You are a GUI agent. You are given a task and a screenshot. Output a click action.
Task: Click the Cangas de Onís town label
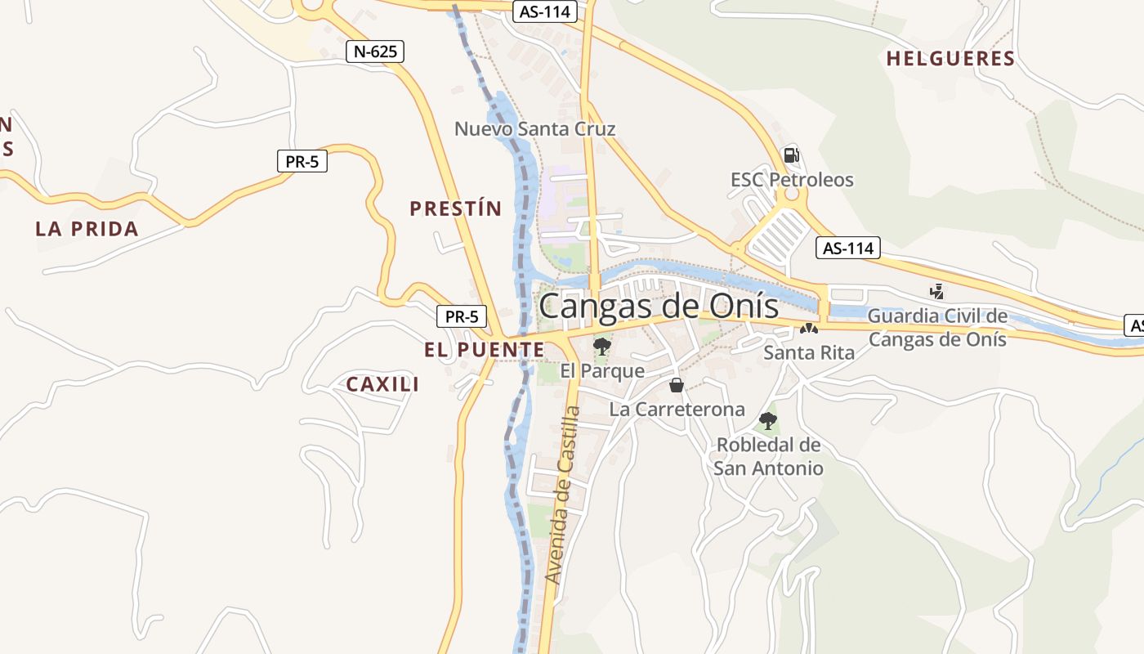coord(659,307)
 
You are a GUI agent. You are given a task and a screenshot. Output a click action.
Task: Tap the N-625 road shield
coord(375,52)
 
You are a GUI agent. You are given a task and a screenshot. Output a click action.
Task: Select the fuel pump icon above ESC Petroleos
coord(790,155)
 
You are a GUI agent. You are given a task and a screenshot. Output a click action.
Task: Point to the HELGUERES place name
coord(950,59)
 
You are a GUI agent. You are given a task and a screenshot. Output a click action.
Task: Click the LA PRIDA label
coord(87,229)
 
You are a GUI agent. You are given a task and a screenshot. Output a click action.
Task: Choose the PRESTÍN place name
coord(455,208)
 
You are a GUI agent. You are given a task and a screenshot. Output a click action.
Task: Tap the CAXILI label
coord(382,384)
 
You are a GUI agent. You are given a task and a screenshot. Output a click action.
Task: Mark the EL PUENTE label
coord(484,350)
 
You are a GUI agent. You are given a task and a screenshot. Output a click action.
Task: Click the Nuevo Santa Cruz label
coord(534,129)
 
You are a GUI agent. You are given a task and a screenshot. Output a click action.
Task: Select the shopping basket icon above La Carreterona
coord(677,385)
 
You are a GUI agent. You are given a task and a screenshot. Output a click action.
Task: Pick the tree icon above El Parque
coord(602,346)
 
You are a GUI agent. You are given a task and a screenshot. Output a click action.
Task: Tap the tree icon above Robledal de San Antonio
coord(767,421)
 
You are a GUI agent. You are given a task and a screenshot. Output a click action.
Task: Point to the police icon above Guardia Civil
coord(936,290)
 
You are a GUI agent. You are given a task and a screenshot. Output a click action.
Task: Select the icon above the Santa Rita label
coord(808,329)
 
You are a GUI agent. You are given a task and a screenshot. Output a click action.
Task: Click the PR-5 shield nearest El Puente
coord(462,316)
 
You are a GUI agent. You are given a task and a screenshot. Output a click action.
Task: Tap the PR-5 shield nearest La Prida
coord(302,162)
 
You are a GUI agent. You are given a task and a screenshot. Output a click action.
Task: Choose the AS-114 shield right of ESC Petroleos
coord(847,248)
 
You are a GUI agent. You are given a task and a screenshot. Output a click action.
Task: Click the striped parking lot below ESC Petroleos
coord(777,234)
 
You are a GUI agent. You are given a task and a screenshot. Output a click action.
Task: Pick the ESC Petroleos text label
coord(791,180)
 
